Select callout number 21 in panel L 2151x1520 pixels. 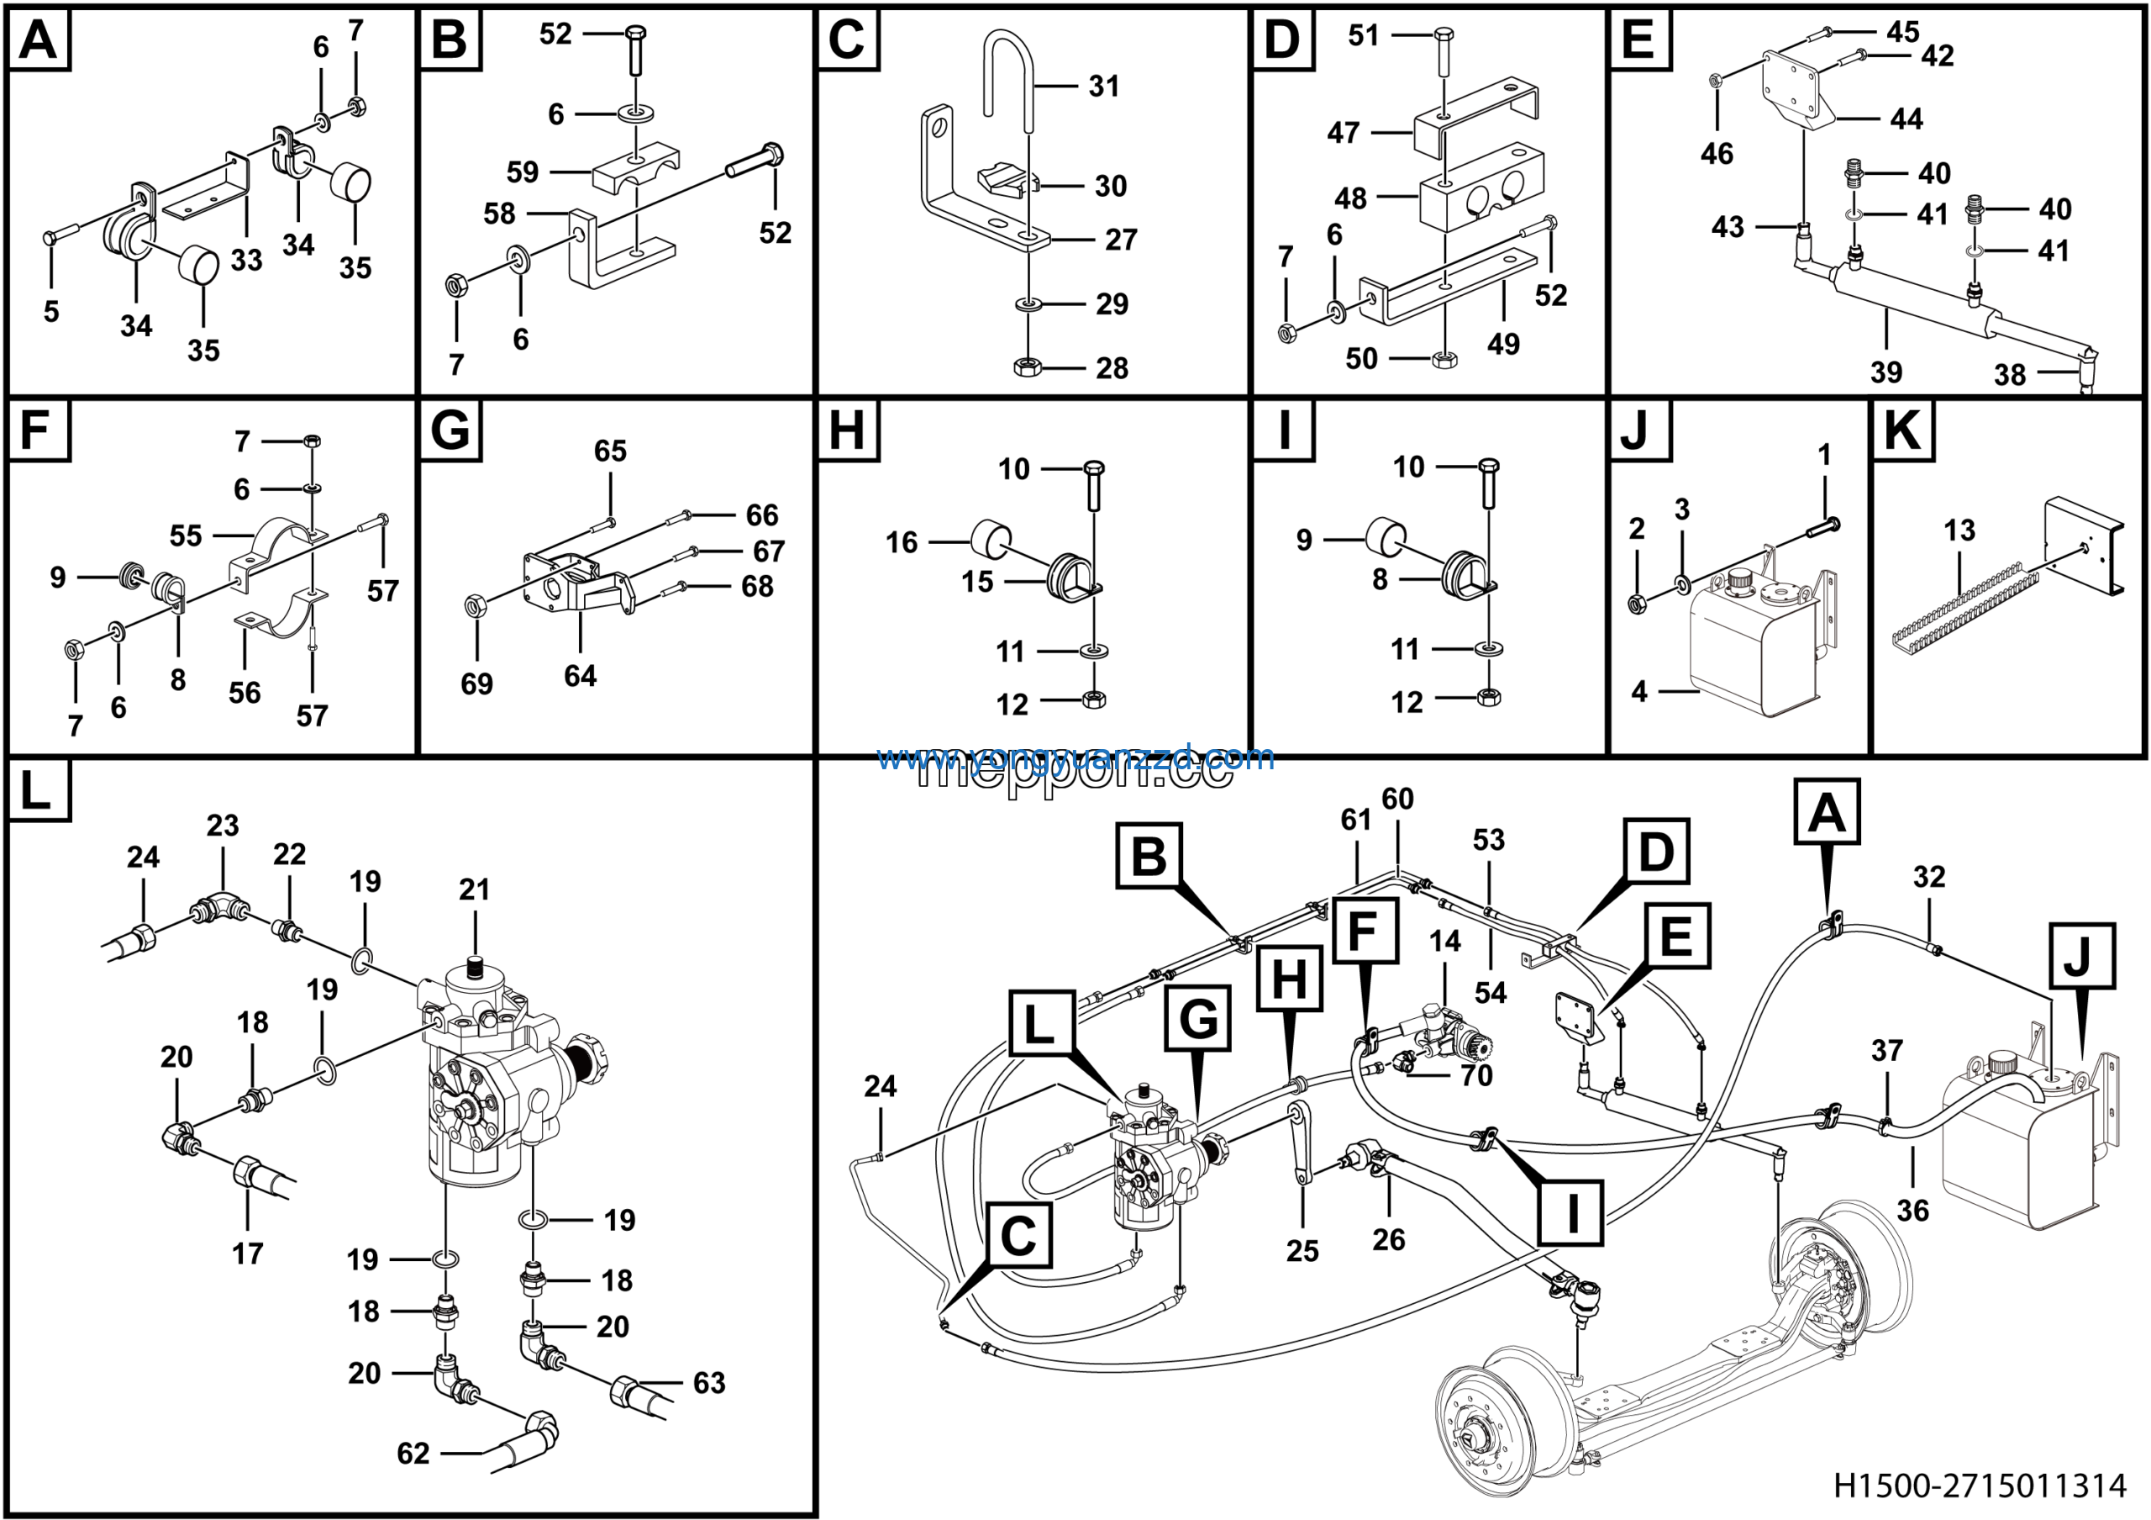click(474, 889)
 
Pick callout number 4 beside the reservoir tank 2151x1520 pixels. click(1638, 692)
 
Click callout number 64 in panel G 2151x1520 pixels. click(580, 676)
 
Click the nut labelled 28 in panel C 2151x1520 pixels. click(1028, 367)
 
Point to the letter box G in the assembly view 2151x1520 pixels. click(1198, 1018)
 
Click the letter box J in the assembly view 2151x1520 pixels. click(2081, 956)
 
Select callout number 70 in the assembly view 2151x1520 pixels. click(1476, 1075)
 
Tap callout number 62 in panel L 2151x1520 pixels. click(413, 1453)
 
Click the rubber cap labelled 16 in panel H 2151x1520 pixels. click(991, 539)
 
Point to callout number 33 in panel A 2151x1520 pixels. click(246, 260)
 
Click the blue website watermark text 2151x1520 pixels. click(1075, 757)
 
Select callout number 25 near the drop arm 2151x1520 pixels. click(1302, 1250)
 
